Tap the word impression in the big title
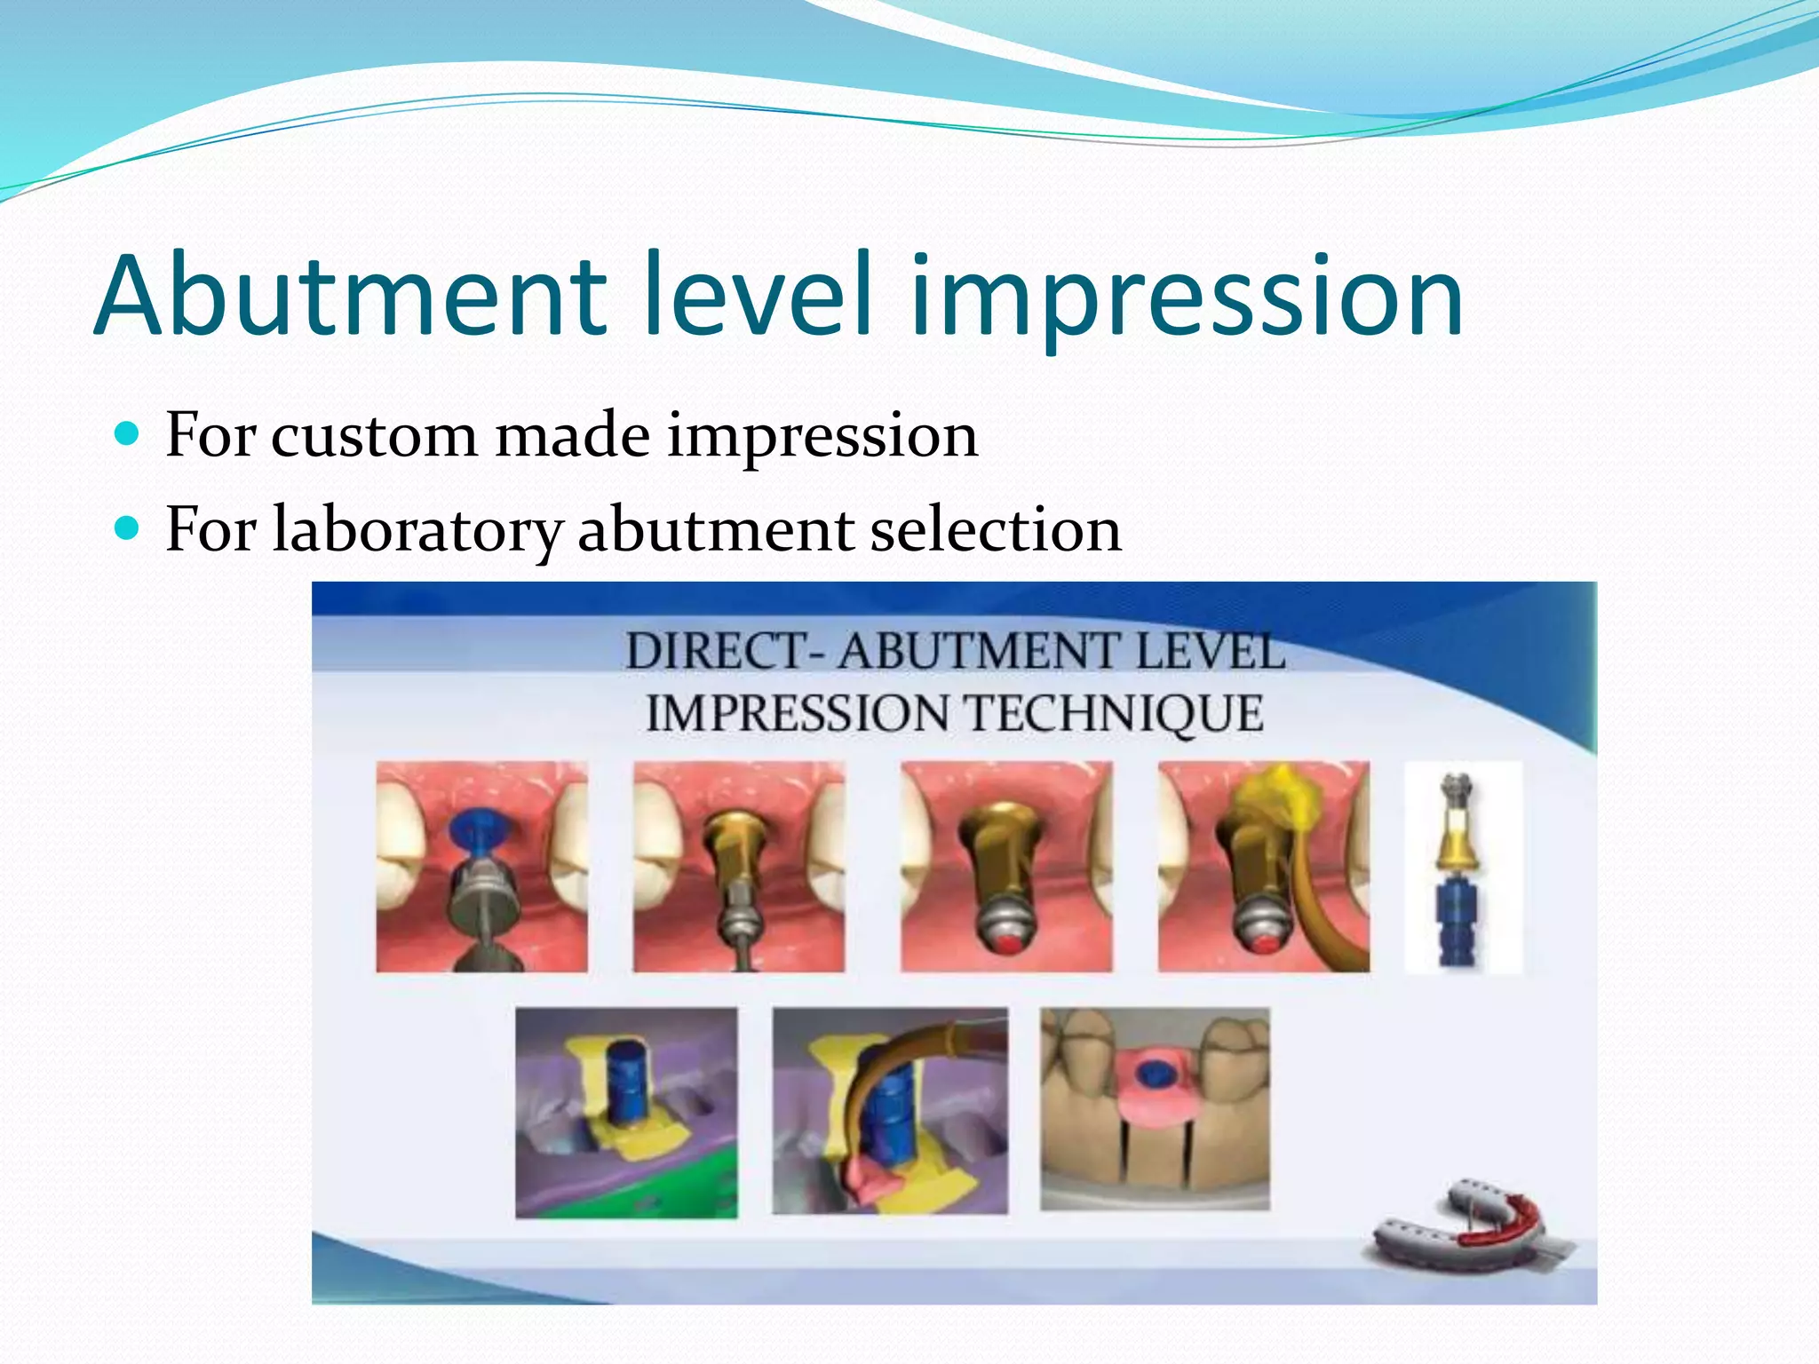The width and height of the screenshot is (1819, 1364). [1186, 297]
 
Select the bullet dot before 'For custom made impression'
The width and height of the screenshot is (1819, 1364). [128, 434]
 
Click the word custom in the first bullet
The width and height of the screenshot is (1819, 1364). [373, 436]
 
